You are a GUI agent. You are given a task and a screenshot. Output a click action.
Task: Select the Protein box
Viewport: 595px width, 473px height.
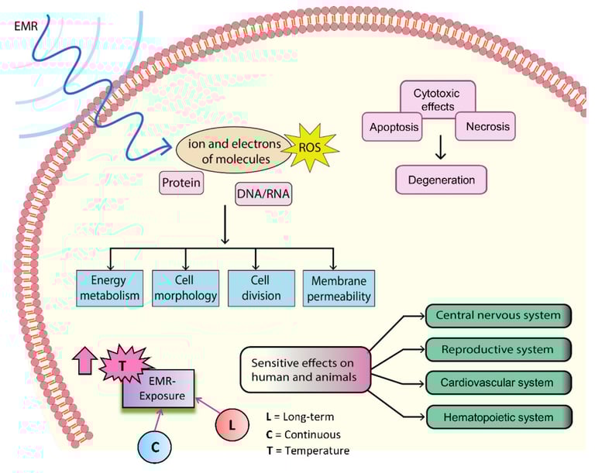coord(181,183)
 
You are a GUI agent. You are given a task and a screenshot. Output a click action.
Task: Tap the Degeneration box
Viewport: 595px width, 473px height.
coord(441,180)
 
